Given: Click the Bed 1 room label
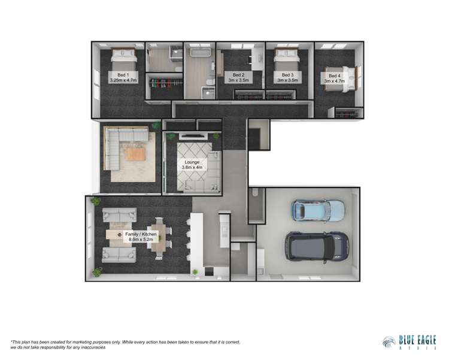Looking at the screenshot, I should (123, 77).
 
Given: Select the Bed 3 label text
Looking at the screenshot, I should (288, 77).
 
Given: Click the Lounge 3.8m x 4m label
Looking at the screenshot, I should (192, 165).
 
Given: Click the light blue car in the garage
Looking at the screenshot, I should (318, 210).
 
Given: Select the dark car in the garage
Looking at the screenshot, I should (317, 246).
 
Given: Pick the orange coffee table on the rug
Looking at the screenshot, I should (135, 154).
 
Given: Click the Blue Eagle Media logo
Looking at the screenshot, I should (409, 341).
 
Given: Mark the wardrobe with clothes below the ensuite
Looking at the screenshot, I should (163, 85).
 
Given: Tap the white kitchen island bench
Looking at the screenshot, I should (198, 240).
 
